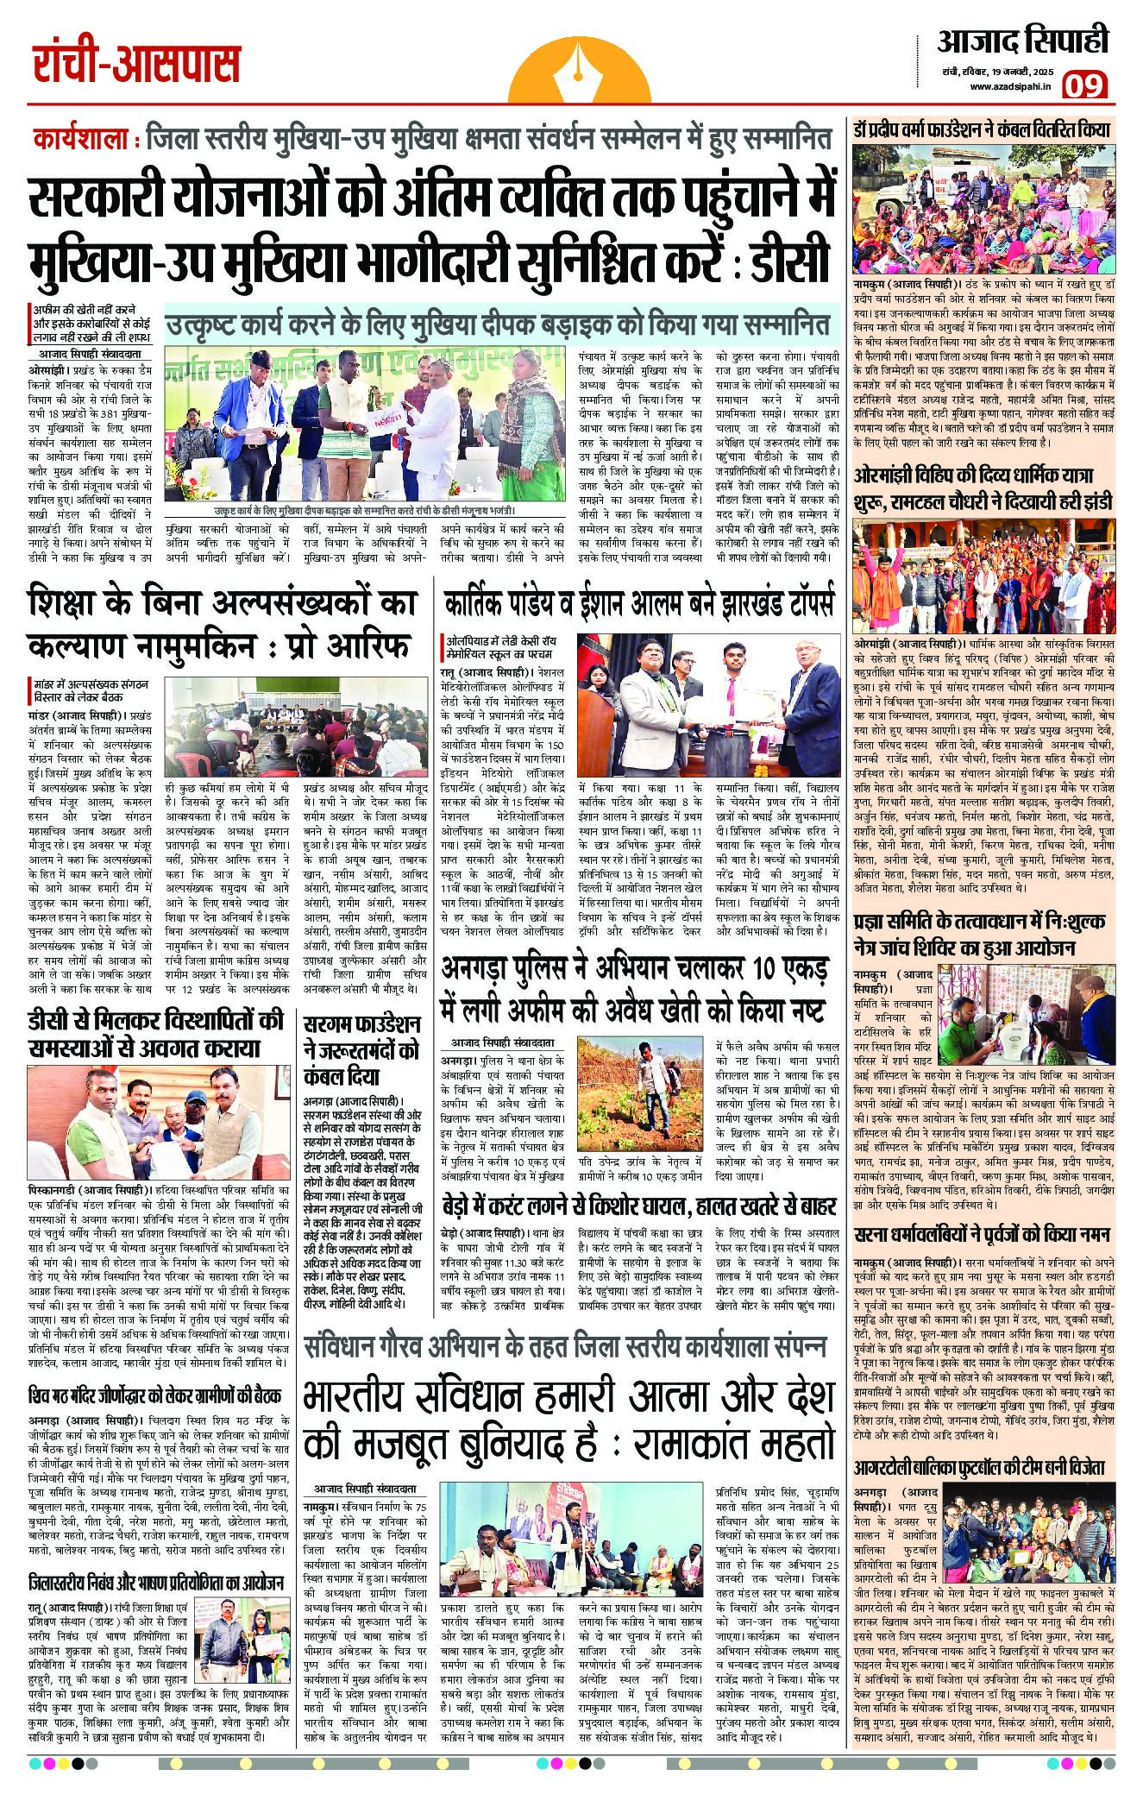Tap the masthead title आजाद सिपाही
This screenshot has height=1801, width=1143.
coord(1023,42)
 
